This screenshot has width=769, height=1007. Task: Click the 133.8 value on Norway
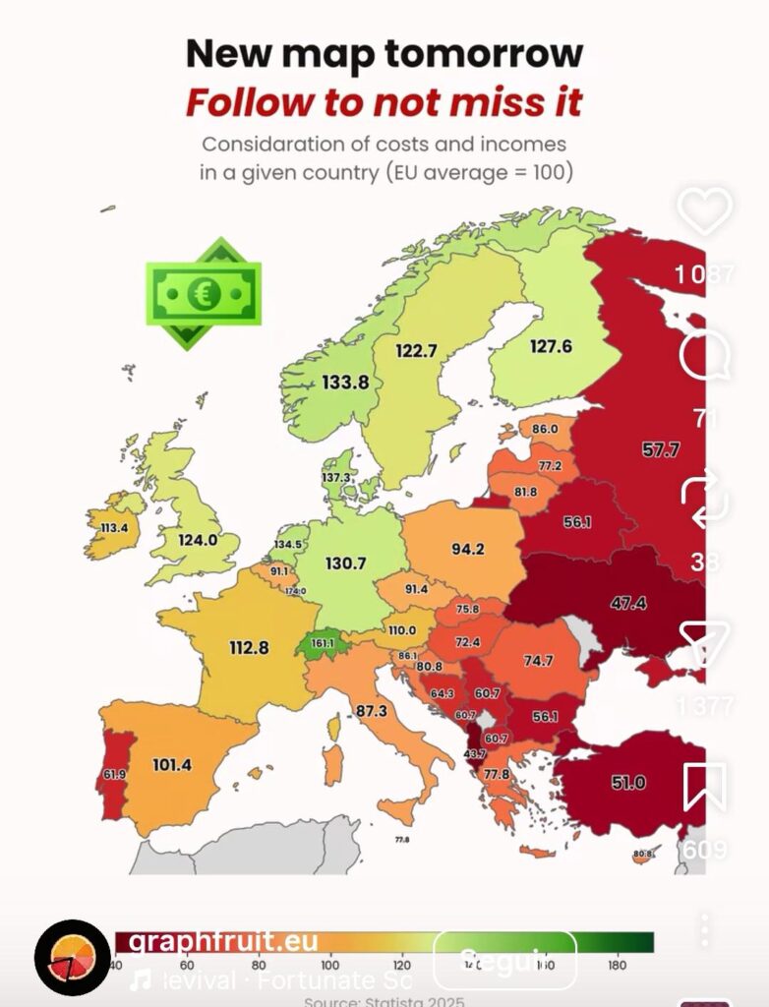click(x=345, y=382)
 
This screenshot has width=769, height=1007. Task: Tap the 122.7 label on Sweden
click(x=416, y=350)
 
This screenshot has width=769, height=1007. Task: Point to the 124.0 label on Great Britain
click(x=198, y=539)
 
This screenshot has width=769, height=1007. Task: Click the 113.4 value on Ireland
click(x=114, y=527)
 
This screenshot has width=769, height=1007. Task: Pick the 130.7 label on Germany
click(x=345, y=563)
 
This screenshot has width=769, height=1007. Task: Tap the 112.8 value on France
click(x=249, y=647)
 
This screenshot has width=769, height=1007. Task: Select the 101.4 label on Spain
click(x=171, y=763)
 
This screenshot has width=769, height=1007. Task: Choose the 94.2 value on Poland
click(x=467, y=549)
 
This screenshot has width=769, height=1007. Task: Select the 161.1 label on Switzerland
click(x=323, y=644)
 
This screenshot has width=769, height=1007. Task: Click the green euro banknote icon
click(x=204, y=293)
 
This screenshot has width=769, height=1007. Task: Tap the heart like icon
click(x=706, y=209)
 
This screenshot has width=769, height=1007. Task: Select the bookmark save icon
click(x=704, y=786)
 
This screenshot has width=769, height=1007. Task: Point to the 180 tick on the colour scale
click(x=617, y=966)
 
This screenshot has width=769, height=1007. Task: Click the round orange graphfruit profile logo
click(x=72, y=957)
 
